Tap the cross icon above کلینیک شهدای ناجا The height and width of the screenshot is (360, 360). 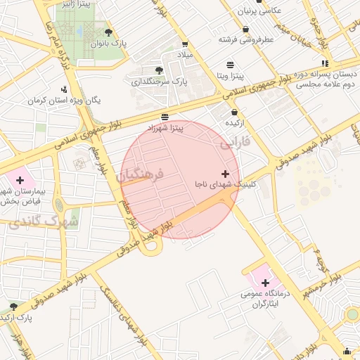coord(225,174)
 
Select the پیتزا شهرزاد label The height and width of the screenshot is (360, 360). coord(165,128)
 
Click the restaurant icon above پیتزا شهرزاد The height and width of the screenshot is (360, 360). coord(165,117)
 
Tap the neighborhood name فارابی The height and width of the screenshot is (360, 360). coord(235,143)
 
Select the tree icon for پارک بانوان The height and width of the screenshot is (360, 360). coord(108,32)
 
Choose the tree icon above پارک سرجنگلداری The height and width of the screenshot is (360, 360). coord(159,70)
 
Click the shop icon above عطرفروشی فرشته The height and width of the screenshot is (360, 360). coord(245,30)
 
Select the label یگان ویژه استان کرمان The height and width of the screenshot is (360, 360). coord(65,101)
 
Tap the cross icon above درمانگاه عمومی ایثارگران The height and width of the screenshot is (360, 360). coord(265,282)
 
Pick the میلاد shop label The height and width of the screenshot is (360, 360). coord(186,54)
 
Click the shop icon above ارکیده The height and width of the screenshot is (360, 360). coord(234,112)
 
